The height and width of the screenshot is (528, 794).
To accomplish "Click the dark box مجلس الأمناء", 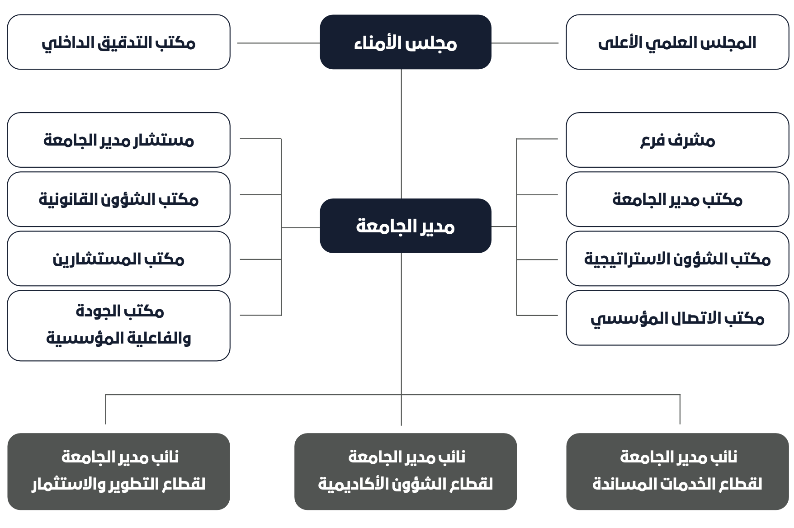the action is click(406, 42).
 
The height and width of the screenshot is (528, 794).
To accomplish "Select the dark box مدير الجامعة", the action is click(406, 226).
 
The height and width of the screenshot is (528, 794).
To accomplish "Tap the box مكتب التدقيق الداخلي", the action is click(118, 42).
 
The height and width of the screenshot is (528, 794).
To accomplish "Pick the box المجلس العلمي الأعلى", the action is click(677, 42).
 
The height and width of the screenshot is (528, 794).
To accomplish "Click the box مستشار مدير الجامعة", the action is click(118, 140).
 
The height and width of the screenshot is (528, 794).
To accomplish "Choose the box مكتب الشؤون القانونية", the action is click(118, 199).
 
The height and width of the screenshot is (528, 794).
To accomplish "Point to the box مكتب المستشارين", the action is click(118, 259).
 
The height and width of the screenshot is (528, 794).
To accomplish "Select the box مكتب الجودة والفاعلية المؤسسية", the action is click(118, 325).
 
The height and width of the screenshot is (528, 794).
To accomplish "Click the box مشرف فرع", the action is click(677, 140).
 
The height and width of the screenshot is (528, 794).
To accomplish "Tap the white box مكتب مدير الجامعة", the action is click(677, 199).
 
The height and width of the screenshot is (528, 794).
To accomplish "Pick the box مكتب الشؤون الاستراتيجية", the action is click(677, 259).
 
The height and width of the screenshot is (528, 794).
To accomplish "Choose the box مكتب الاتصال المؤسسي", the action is click(677, 318).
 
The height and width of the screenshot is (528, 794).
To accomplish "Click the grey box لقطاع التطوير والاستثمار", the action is click(118, 471).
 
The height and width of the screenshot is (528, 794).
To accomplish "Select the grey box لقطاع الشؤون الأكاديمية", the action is click(406, 471).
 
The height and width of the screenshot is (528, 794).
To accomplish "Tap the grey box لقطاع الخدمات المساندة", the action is click(677, 471).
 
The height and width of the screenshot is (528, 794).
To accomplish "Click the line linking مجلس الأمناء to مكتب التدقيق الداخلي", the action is click(279, 43).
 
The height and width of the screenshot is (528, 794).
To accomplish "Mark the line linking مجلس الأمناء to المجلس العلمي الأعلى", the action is click(525, 43).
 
